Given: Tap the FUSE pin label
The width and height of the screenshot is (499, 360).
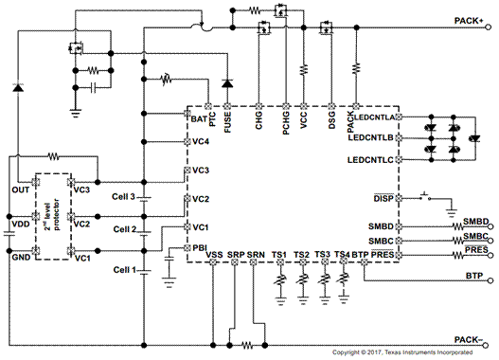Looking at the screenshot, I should tap(228, 119).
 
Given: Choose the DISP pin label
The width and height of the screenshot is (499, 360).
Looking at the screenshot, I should tap(383, 198).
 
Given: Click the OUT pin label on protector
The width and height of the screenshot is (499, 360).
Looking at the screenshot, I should tap(19, 189).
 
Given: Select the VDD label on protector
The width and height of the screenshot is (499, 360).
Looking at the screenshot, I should tap(19, 224).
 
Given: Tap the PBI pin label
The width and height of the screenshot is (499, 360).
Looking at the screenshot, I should tap(200, 247).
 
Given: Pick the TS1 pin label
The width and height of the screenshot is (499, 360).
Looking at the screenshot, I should tap(279, 256).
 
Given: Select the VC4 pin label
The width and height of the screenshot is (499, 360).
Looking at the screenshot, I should tap(201, 141).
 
